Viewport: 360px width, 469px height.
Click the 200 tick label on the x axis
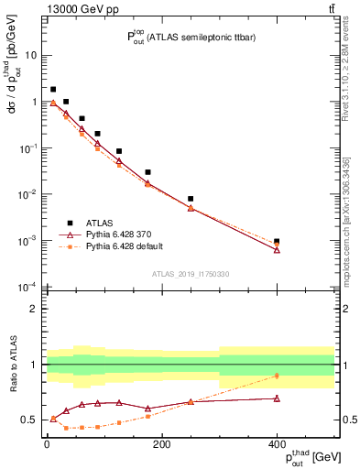(161, 444)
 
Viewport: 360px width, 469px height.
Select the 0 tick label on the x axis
(47, 444)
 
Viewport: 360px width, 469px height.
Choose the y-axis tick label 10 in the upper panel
(30, 55)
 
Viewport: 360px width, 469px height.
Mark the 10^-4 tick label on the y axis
(27, 288)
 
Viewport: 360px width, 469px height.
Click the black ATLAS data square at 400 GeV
(277, 241)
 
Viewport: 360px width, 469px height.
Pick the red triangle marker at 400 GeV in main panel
(277, 249)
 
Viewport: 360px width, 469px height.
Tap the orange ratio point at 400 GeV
(277, 376)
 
